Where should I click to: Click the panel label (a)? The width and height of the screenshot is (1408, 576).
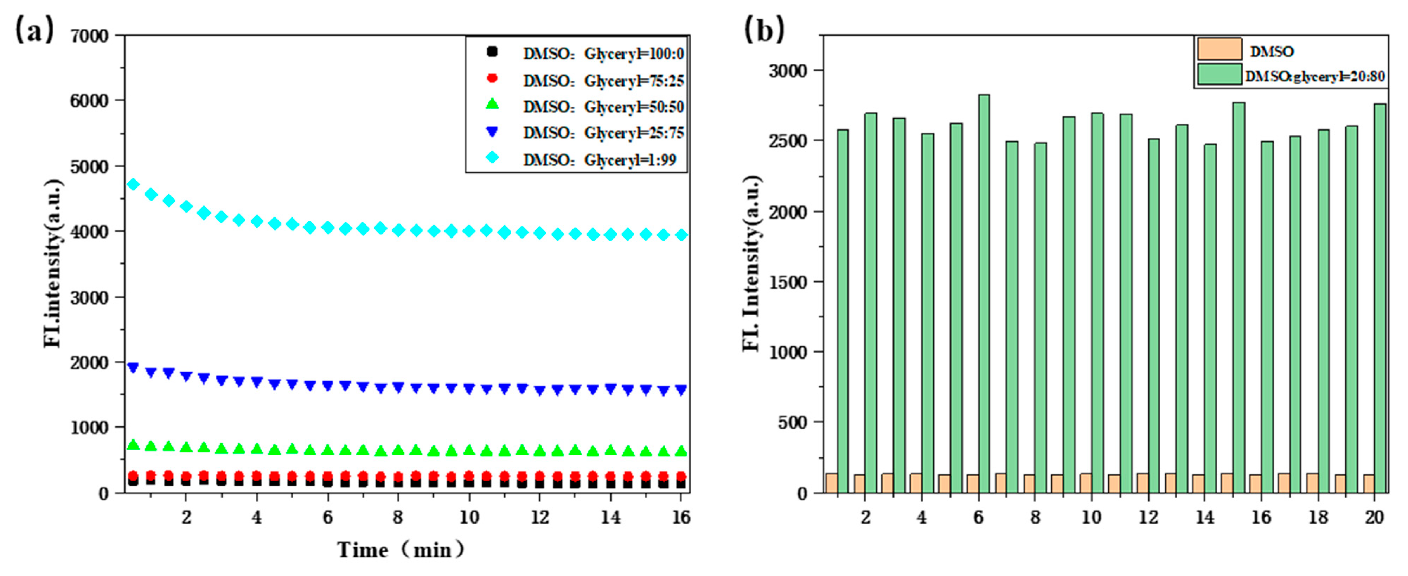pyautogui.click(x=34, y=30)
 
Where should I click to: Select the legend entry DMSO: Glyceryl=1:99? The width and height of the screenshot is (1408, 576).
pyautogui.click(x=600, y=160)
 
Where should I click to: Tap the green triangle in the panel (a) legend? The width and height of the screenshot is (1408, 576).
pyautogui.click(x=492, y=104)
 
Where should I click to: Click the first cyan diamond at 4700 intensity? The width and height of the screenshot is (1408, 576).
pyautogui.click(x=133, y=184)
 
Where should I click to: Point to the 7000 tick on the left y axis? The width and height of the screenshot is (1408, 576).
pyautogui.click(x=90, y=36)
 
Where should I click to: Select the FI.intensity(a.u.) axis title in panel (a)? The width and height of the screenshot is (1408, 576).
pyautogui.click(x=53, y=262)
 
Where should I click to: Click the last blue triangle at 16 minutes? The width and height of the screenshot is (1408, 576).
pyautogui.click(x=680, y=390)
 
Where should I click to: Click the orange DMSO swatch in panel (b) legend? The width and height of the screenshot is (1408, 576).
pyautogui.click(x=1219, y=49)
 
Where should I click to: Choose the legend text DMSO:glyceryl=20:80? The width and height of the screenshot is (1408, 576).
pyautogui.click(x=1314, y=77)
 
